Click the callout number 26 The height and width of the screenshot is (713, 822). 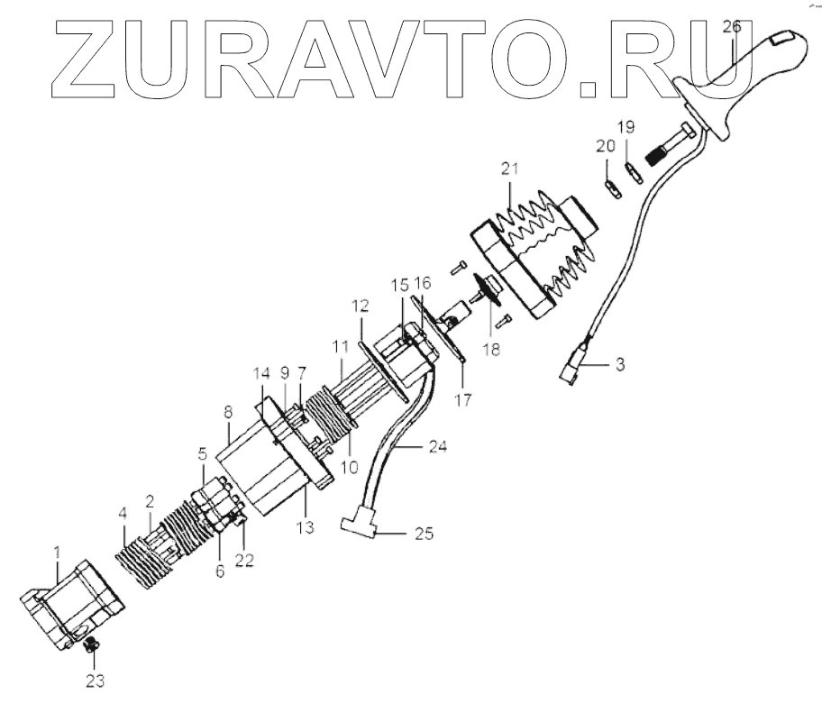(x=731, y=27)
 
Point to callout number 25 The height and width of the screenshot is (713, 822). (x=423, y=534)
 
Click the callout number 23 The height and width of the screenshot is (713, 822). (x=95, y=681)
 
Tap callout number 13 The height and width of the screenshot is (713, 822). (x=306, y=526)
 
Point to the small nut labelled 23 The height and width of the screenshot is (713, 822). (x=90, y=644)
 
